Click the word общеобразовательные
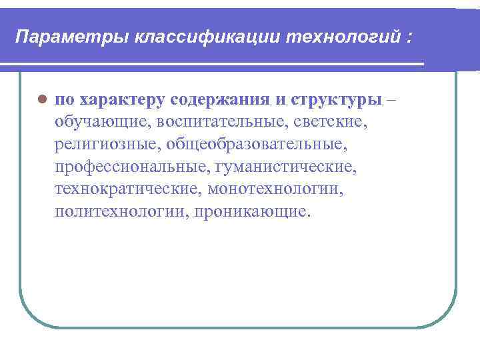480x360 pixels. coord(257,145)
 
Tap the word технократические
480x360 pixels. coord(127,189)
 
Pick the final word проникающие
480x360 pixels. coord(251,212)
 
